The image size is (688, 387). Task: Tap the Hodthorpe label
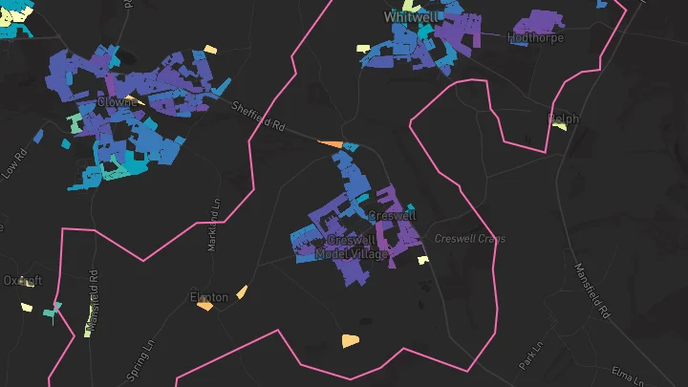click(x=536, y=38)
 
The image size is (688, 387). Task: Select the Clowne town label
click(x=116, y=101)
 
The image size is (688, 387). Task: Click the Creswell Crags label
click(x=469, y=238)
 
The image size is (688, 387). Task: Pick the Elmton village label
click(x=208, y=297)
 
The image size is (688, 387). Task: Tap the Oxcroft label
click(x=22, y=281)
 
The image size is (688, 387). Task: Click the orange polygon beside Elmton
click(x=242, y=291)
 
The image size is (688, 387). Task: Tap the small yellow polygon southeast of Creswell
click(x=421, y=258)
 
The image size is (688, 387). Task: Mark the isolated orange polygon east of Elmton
click(x=351, y=339)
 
